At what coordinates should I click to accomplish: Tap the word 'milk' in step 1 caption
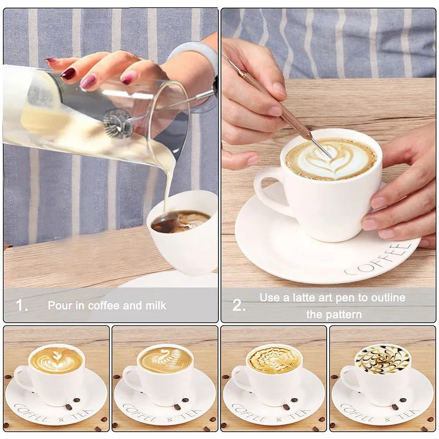tap(153, 305)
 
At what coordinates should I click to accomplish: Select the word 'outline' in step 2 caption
tap(388, 298)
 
